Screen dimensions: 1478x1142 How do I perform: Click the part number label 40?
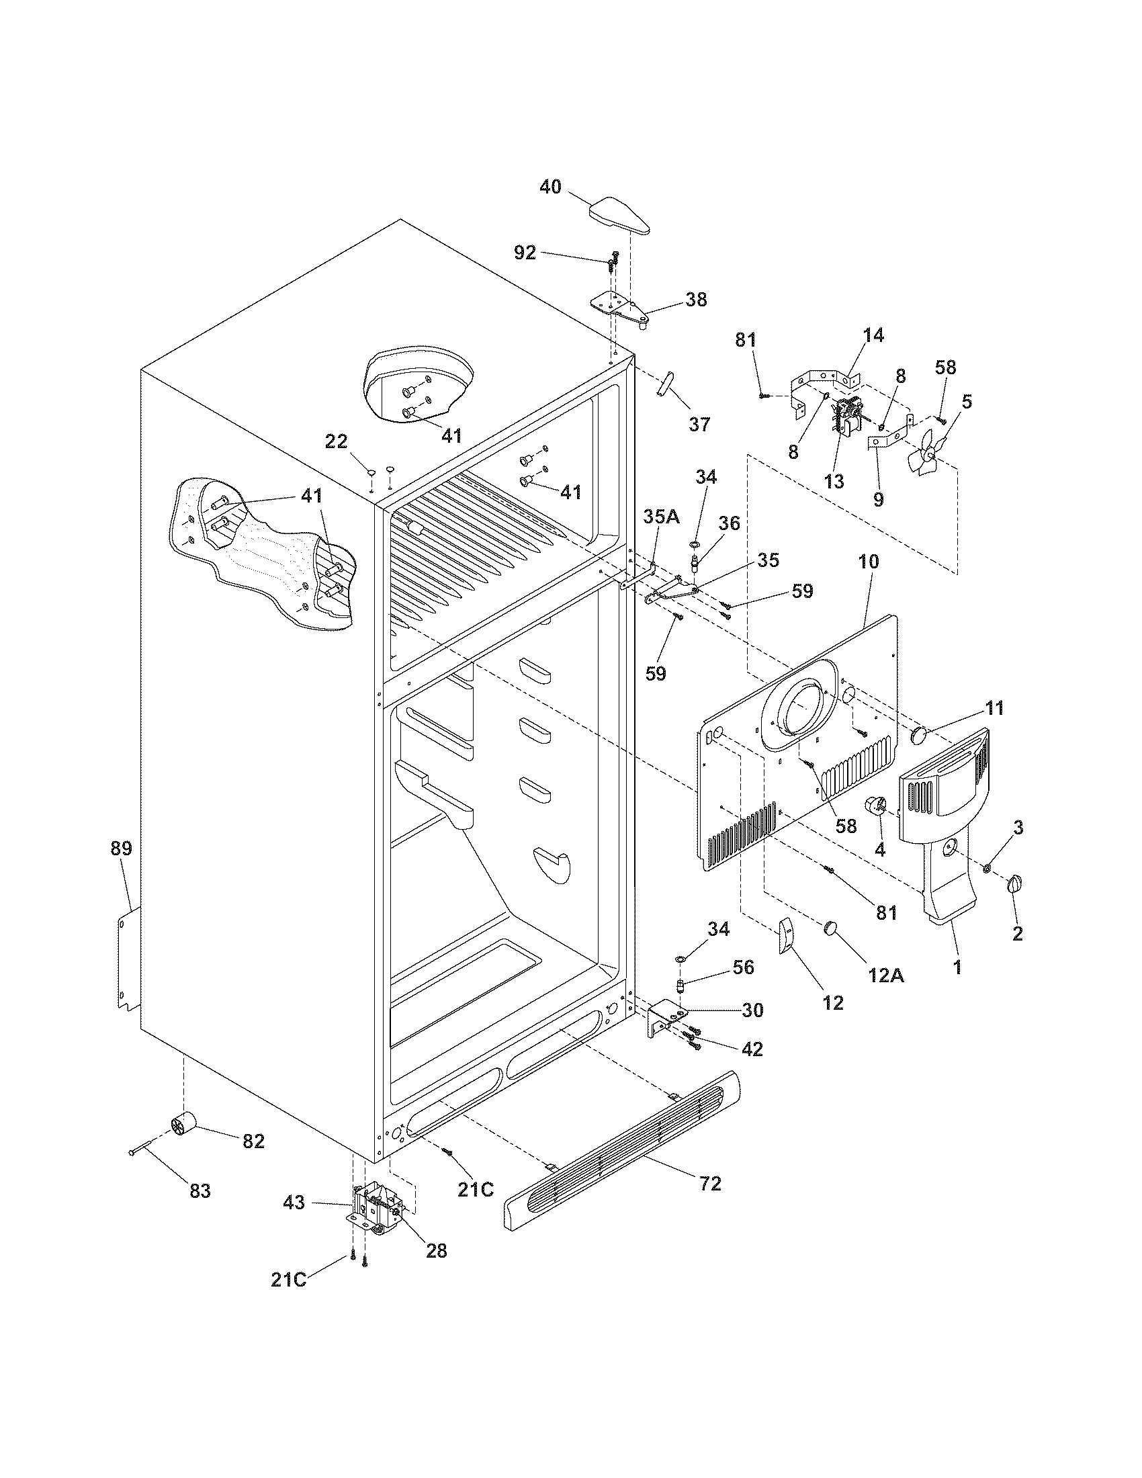(x=550, y=186)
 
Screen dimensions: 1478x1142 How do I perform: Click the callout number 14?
(x=873, y=335)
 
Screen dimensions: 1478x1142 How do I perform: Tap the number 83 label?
(x=200, y=1190)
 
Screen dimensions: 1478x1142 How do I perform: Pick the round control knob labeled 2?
(x=1015, y=885)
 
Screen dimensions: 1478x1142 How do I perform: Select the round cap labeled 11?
(x=920, y=734)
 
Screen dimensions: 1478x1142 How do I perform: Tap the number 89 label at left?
(x=121, y=849)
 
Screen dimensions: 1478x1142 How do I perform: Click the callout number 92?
(x=525, y=253)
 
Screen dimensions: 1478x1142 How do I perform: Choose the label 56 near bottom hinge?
(x=742, y=967)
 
